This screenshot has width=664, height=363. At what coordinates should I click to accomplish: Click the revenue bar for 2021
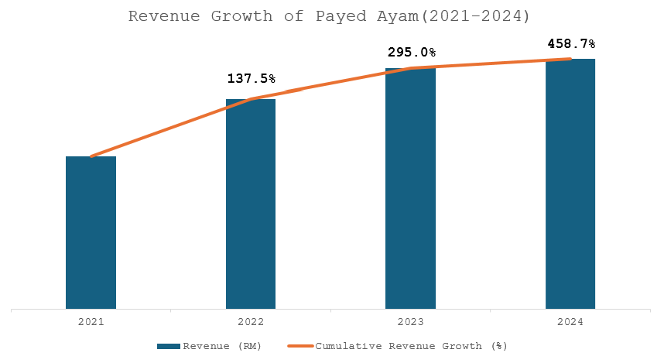[91, 232]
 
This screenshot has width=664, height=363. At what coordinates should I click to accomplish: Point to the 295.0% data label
[411, 53]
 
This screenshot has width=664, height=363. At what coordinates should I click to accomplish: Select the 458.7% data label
[570, 43]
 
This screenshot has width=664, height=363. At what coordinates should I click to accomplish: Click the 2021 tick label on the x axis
[91, 321]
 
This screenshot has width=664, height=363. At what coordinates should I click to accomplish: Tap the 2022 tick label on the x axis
[251, 321]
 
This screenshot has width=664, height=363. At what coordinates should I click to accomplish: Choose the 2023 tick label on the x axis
[410, 321]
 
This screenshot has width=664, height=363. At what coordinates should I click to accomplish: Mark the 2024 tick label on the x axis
[570, 321]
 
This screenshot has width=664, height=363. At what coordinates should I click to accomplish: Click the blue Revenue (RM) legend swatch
[169, 345]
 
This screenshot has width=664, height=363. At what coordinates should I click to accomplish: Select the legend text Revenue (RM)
[222, 345]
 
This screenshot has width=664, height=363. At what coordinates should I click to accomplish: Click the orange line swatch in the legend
[300, 345]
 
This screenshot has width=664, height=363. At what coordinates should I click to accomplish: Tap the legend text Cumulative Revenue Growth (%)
[411, 345]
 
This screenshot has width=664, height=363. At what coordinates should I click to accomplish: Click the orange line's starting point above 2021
[91, 156]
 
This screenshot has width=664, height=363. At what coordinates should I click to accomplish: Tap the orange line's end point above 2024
[570, 59]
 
